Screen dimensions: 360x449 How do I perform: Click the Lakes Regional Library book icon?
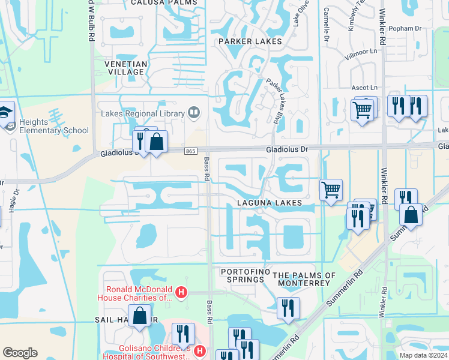click(x=193, y=112)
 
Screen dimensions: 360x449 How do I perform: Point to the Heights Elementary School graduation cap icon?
click(x=5, y=113)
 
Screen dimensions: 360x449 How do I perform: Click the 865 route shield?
click(x=190, y=151)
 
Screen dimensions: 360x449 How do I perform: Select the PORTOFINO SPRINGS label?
click(x=243, y=275)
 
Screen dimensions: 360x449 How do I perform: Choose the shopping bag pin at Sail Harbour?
click(x=140, y=315)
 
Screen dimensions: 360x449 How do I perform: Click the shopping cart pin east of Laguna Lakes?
click(x=331, y=190)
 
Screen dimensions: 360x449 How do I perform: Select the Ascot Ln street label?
click(x=365, y=88)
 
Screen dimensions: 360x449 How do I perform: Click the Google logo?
click(x=20, y=353)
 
